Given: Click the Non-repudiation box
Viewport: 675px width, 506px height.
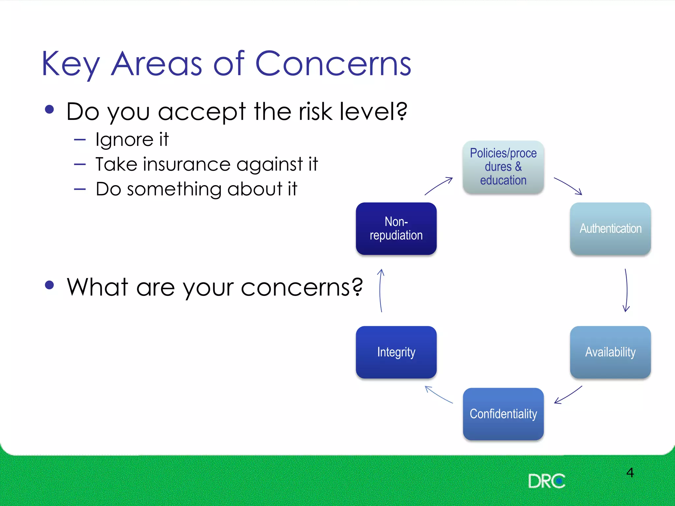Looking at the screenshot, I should [x=396, y=228].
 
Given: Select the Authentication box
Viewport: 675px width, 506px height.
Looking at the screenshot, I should [x=610, y=228].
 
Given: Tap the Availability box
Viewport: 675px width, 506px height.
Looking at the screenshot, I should [x=610, y=352].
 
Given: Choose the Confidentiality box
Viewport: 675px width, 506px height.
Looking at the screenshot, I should [x=503, y=414].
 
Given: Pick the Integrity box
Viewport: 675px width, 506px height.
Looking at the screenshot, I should [x=396, y=352].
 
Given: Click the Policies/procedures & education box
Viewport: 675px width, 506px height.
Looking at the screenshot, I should [x=503, y=167].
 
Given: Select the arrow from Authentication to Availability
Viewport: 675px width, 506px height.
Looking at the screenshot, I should [x=627, y=290].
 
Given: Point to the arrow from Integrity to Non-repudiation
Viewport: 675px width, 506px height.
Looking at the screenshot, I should [x=380, y=290].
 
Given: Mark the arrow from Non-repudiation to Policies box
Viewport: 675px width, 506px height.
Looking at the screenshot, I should [x=438, y=186].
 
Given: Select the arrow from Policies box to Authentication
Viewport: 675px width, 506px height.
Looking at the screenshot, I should [x=568, y=186].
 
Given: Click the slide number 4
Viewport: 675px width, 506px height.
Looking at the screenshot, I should [x=630, y=473].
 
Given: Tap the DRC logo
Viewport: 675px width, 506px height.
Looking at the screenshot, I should [x=546, y=481].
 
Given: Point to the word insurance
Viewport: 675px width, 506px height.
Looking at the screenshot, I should [x=186, y=164].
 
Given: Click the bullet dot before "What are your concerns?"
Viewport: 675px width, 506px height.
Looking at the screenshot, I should [x=49, y=285].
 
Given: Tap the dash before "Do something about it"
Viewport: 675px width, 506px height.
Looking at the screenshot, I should [x=80, y=189].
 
